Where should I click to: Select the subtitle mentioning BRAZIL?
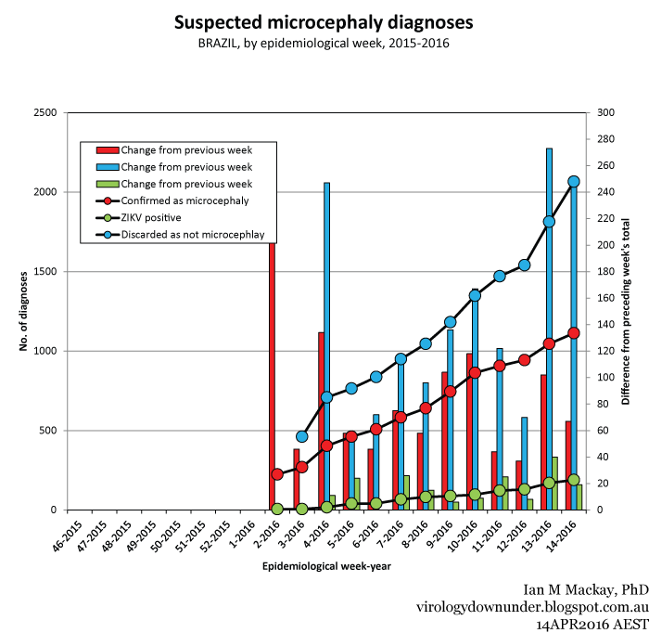[x=324, y=43]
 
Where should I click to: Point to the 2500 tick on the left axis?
[x=45, y=113]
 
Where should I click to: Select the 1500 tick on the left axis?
[x=45, y=272]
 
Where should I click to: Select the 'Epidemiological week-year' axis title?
[x=321, y=565]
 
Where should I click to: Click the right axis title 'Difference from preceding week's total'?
[x=626, y=311]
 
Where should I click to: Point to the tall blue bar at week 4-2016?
[x=327, y=343]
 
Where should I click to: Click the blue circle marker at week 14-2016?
[x=573, y=182]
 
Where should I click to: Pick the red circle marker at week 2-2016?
[x=277, y=474]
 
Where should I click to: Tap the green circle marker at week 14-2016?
[x=573, y=481]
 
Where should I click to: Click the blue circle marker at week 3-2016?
[x=301, y=436]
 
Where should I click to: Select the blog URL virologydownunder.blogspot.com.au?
[x=531, y=607]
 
